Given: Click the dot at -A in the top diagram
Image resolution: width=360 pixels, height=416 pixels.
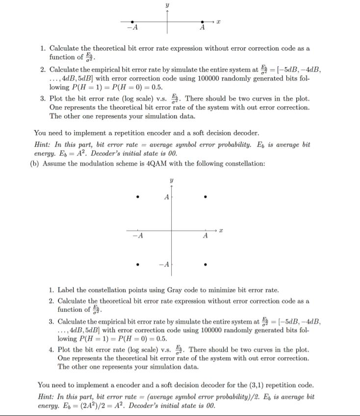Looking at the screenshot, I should (x=132, y=22).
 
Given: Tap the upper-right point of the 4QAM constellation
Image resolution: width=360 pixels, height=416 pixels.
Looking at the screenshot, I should (x=206, y=198).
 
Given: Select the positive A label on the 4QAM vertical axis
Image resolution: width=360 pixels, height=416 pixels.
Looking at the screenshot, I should (x=166, y=198).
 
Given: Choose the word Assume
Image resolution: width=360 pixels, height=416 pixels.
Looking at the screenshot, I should (x=53, y=163).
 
